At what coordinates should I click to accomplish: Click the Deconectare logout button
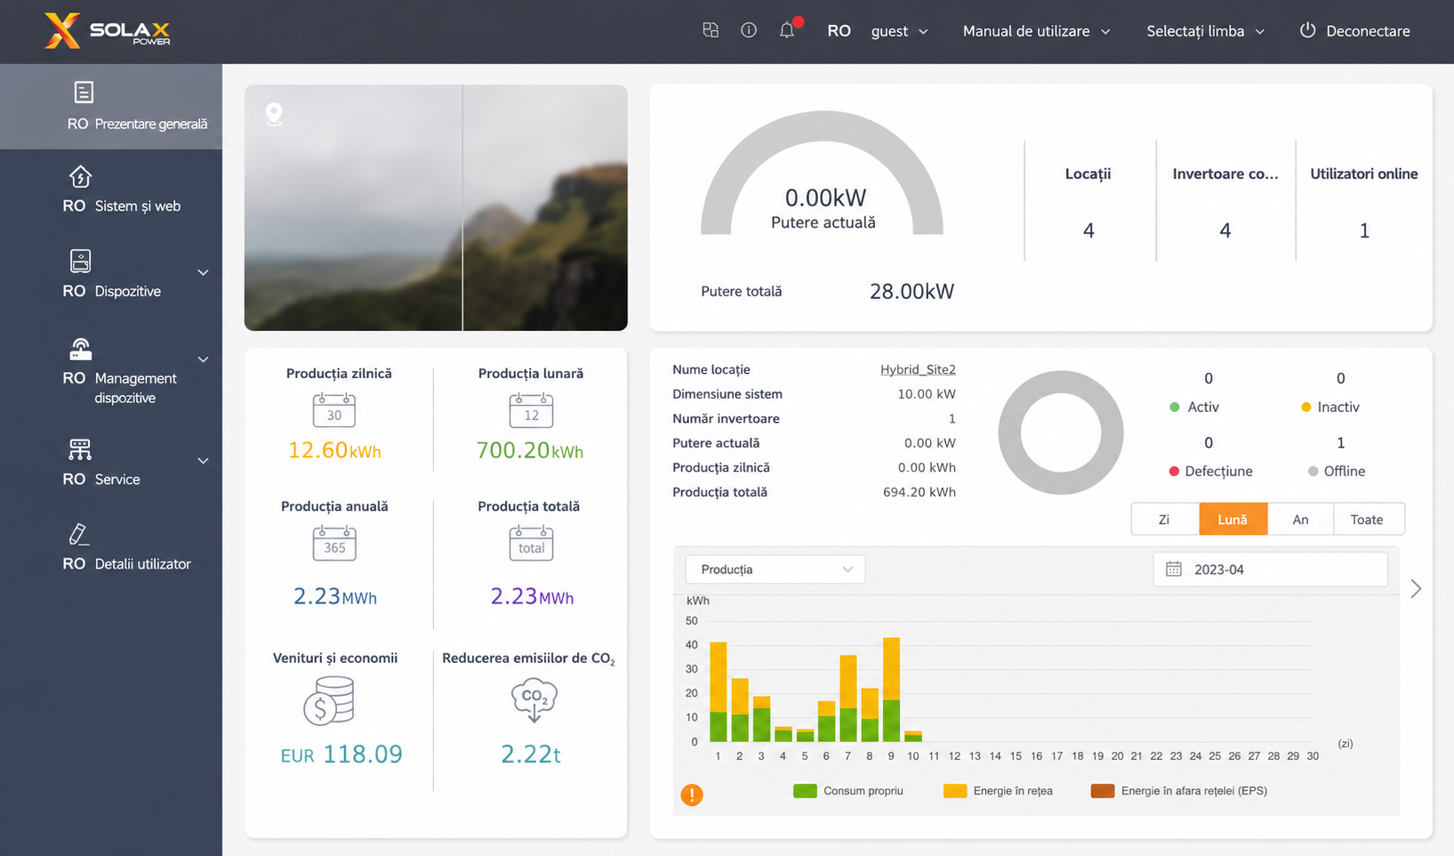point(1354,31)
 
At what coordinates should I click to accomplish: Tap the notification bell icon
point(787,30)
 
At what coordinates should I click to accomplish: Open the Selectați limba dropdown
point(1205,31)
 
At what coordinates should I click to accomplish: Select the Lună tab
point(1233,519)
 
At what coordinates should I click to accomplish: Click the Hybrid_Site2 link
point(918,369)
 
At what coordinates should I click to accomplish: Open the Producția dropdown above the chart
point(775,569)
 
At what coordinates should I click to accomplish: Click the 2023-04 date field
point(1270,569)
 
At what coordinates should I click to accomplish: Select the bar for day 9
point(891,690)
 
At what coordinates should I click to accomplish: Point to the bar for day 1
point(718,691)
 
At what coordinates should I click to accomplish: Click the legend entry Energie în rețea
point(999,790)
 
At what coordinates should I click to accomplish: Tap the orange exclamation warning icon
point(692,795)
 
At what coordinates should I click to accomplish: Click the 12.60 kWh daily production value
point(334,450)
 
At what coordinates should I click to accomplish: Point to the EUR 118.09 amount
point(341,754)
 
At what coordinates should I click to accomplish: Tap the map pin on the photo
point(274,114)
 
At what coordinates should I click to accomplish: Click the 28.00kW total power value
point(912,292)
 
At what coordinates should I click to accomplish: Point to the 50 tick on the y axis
point(691,621)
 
